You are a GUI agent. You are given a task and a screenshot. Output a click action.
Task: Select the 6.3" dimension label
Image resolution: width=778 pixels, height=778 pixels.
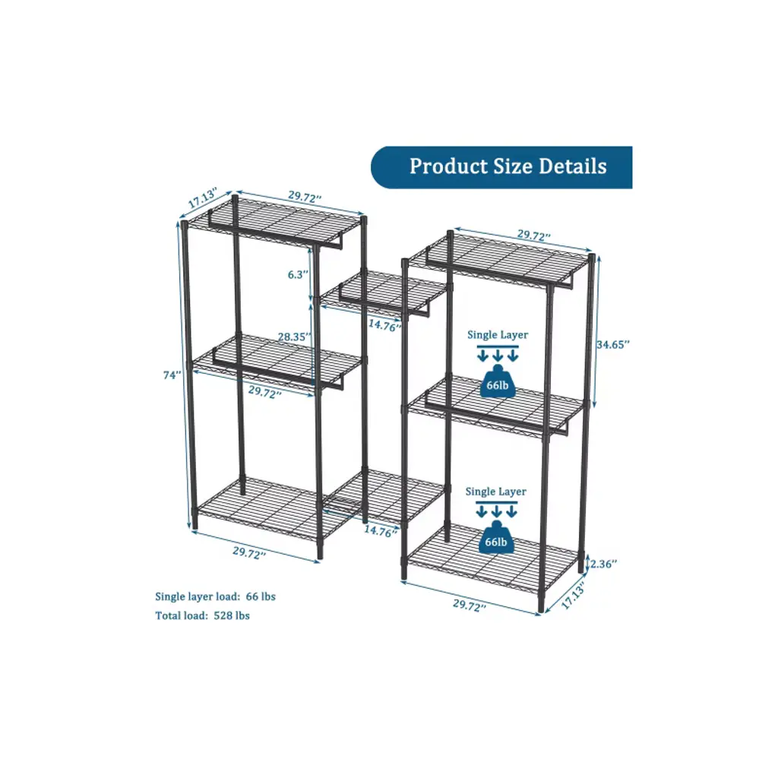coord(298,274)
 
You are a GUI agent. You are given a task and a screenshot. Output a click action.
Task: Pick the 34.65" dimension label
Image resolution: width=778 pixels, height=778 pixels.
coord(613,344)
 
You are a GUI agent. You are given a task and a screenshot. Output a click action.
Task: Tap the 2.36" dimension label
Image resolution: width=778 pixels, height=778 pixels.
coord(603,565)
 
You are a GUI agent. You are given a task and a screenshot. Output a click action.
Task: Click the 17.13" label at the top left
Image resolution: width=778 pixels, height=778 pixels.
coord(203,198)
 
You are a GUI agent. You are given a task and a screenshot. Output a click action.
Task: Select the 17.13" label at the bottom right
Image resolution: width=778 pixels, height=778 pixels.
coord(574,595)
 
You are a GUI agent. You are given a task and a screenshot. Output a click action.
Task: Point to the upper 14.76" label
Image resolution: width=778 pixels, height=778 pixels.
coord(384,325)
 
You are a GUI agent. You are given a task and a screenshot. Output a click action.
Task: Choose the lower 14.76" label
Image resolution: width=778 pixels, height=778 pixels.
coord(381,531)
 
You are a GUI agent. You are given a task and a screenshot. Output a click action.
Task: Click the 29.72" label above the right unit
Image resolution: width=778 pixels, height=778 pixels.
coord(534,236)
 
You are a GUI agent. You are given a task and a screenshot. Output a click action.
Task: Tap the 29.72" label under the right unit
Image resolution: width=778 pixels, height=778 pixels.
coord(469,606)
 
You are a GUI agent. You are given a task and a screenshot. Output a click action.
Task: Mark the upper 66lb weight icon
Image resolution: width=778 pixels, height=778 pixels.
coord(498,381)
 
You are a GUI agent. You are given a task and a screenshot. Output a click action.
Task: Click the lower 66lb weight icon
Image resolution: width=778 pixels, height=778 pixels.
coord(496,537)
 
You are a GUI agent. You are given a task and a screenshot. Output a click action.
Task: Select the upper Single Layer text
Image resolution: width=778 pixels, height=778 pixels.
coord(498,335)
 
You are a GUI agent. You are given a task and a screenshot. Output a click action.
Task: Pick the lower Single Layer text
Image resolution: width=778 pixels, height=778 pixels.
coord(495,492)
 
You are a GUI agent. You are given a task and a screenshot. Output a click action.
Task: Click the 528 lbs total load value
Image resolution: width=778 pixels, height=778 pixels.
coord(232,615)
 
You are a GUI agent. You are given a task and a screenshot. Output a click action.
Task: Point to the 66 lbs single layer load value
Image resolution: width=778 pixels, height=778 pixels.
coord(261,596)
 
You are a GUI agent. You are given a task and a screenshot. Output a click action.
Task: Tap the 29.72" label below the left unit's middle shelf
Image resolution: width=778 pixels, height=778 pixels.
coord(265,392)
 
